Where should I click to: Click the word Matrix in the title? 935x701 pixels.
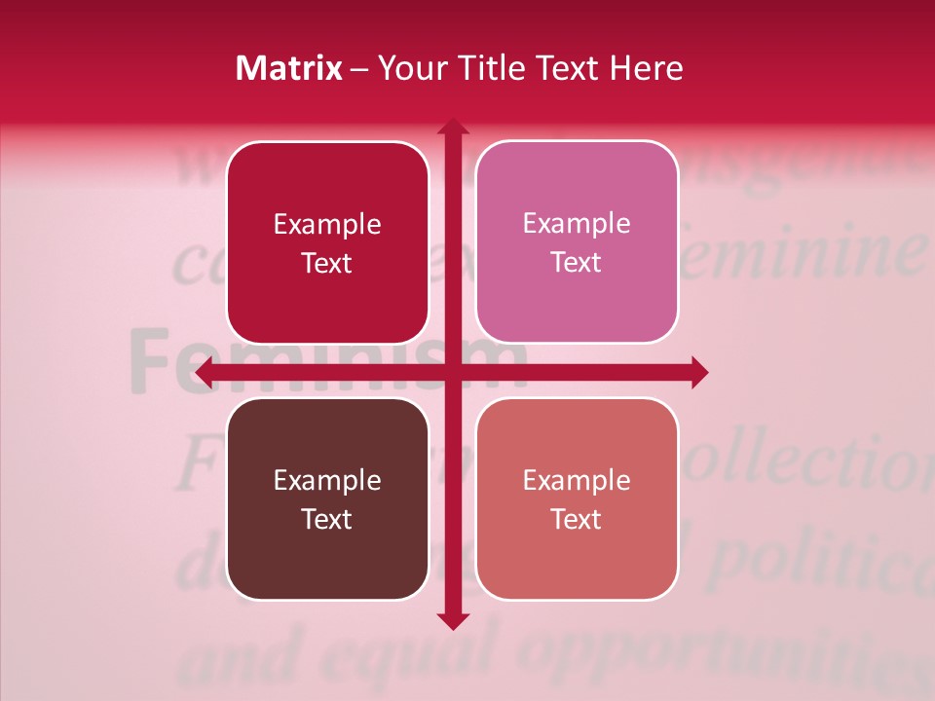tap(288, 68)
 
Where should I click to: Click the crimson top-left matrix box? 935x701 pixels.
tap(327, 243)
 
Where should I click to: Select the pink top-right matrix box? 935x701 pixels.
tap(577, 242)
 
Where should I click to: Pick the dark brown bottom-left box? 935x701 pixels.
tap(327, 498)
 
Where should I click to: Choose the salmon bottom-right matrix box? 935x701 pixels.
tap(577, 498)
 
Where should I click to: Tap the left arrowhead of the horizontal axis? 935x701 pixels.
tap(206, 372)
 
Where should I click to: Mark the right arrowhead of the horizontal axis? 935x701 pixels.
tap(698, 372)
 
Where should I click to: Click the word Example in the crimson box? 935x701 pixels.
tap(327, 225)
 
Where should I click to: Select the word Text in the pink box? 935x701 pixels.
tap(577, 262)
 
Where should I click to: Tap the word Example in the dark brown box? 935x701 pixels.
tap(327, 480)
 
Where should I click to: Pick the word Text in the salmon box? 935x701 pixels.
tap(577, 519)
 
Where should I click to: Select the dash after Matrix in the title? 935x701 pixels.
tap(359, 69)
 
